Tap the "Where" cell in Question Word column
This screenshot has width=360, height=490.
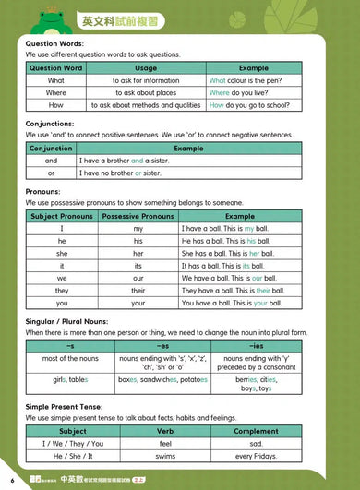pyautogui.click(x=56, y=93)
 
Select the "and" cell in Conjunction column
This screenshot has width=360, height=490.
pyautogui.click(x=52, y=161)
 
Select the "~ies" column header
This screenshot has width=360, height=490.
pyautogui.click(x=254, y=344)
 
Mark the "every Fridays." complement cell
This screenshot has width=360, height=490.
pyautogui.click(x=256, y=455)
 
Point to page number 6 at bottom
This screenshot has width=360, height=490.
pyautogui.click(x=12, y=480)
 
